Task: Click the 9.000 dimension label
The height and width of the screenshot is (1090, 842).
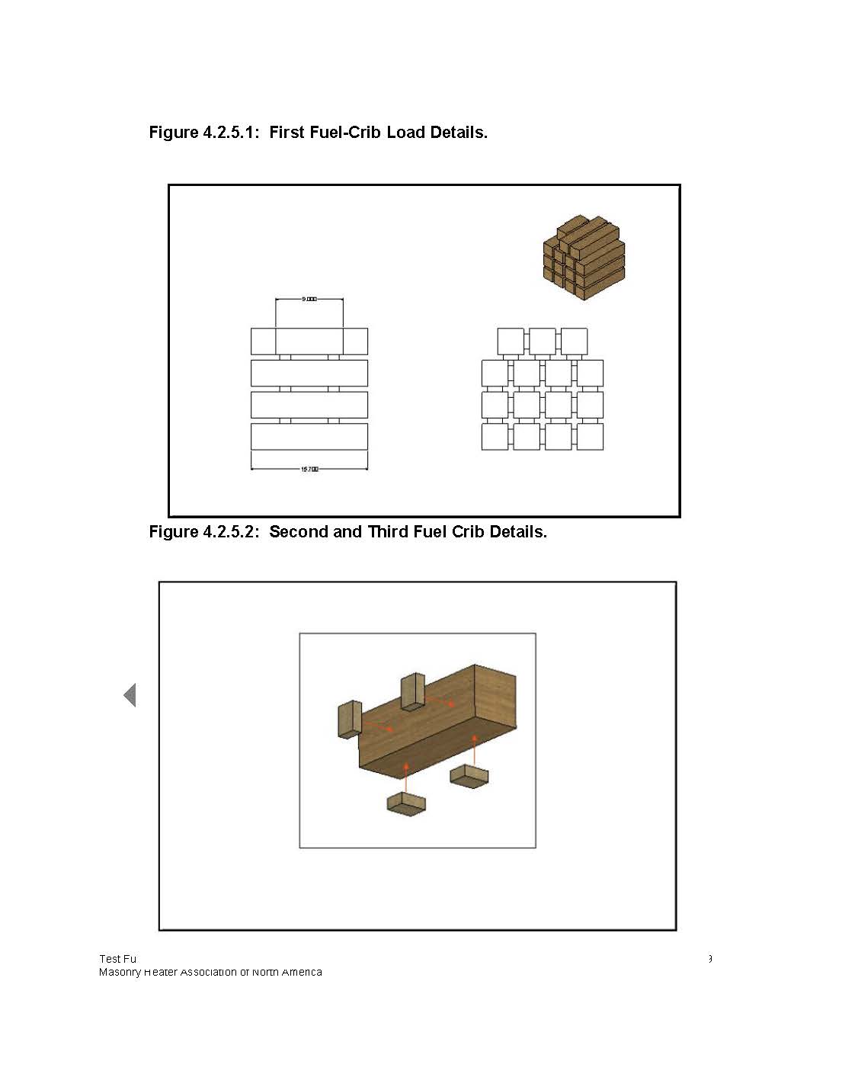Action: [309, 300]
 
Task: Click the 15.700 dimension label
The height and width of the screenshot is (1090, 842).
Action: [309, 470]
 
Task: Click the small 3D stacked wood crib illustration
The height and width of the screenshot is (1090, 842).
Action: [584, 258]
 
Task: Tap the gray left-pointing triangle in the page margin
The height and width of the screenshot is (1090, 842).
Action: [130, 695]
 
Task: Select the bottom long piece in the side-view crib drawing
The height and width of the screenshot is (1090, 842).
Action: [309, 437]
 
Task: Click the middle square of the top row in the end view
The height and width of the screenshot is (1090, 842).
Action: [542, 341]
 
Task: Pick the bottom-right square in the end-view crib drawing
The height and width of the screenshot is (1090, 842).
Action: [590, 437]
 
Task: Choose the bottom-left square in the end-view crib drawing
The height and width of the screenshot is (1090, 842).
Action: [495, 437]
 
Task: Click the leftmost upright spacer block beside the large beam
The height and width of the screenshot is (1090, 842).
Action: [349, 720]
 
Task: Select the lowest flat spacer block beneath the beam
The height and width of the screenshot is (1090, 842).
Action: [406, 803]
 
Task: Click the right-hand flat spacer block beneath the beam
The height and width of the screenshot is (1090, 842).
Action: [469, 776]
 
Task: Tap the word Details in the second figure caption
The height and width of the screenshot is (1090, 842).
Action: [518, 532]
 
